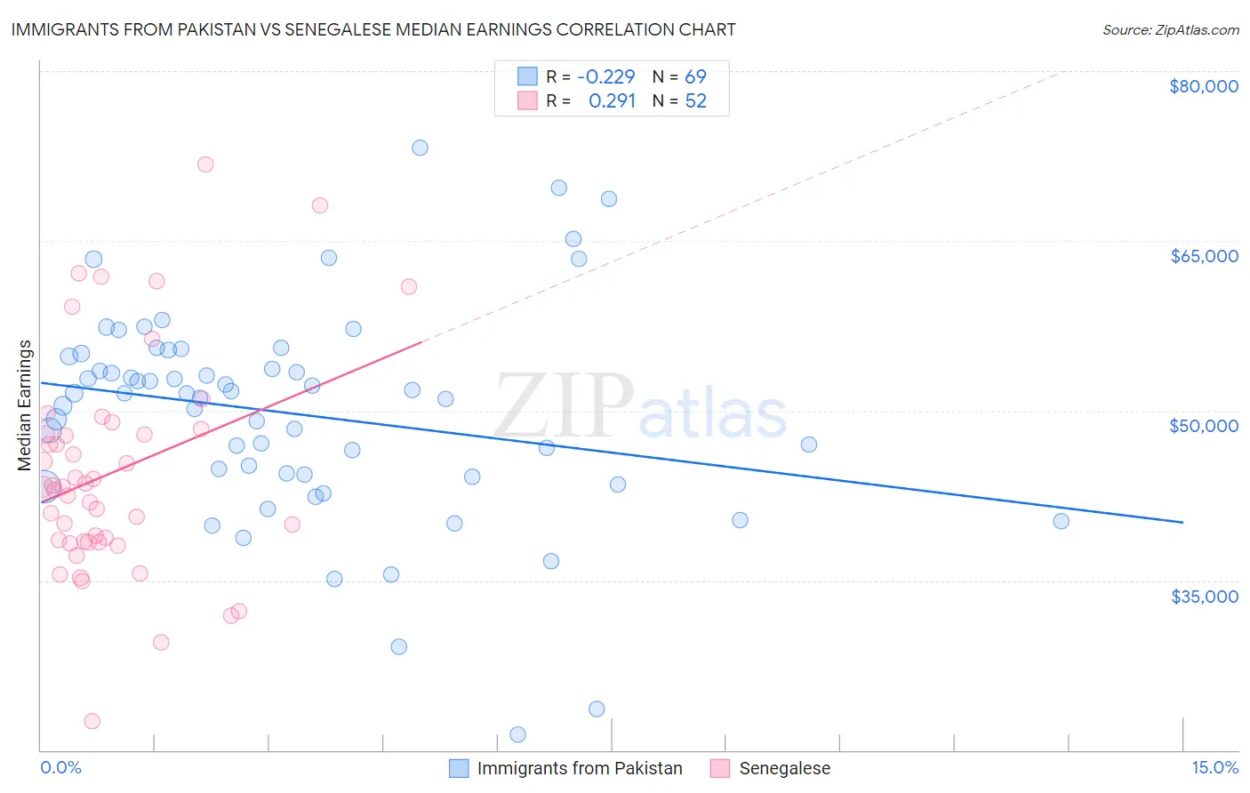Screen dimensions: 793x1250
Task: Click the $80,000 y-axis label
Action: click(x=1204, y=86)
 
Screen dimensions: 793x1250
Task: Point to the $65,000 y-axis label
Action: click(x=1204, y=256)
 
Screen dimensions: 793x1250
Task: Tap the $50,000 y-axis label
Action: click(x=1204, y=426)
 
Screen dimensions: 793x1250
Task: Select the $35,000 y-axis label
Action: click(x=1204, y=596)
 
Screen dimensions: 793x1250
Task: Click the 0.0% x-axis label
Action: click(x=60, y=767)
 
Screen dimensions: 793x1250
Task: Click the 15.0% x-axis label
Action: click(x=1214, y=767)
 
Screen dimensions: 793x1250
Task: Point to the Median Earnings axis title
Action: click(x=25, y=405)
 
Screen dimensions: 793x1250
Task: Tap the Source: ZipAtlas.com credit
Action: click(x=1170, y=29)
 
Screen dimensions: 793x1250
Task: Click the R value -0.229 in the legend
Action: click(x=605, y=76)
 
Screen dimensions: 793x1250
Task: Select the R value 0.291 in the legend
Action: click(x=612, y=100)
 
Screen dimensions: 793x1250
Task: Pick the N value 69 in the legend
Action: click(x=695, y=76)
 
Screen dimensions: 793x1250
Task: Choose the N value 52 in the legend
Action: click(x=695, y=100)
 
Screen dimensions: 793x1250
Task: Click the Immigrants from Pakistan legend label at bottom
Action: click(x=580, y=768)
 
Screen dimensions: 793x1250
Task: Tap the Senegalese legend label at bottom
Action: click(x=784, y=768)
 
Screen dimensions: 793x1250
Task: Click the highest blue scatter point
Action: click(x=420, y=148)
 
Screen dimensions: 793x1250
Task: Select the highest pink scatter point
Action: click(x=205, y=164)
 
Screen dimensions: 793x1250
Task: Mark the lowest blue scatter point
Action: click(x=517, y=734)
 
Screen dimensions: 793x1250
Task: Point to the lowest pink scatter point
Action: click(x=92, y=721)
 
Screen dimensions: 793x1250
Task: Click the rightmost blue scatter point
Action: click(x=1061, y=521)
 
